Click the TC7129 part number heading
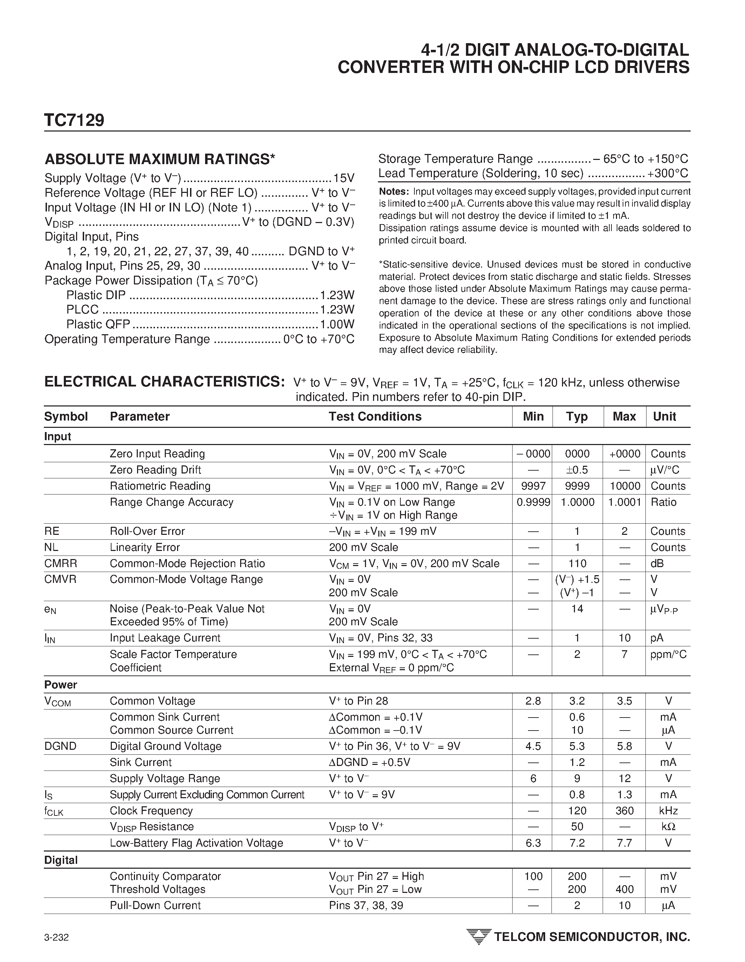[74, 120]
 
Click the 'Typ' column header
[577, 416]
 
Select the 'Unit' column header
[664, 416]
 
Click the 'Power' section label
[61, 685]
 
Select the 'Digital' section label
[61, 860]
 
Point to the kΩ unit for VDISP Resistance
[668, 827]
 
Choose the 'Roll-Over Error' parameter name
[147, 531]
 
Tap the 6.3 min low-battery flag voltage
[533, 843]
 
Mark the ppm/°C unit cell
[668, 654]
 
